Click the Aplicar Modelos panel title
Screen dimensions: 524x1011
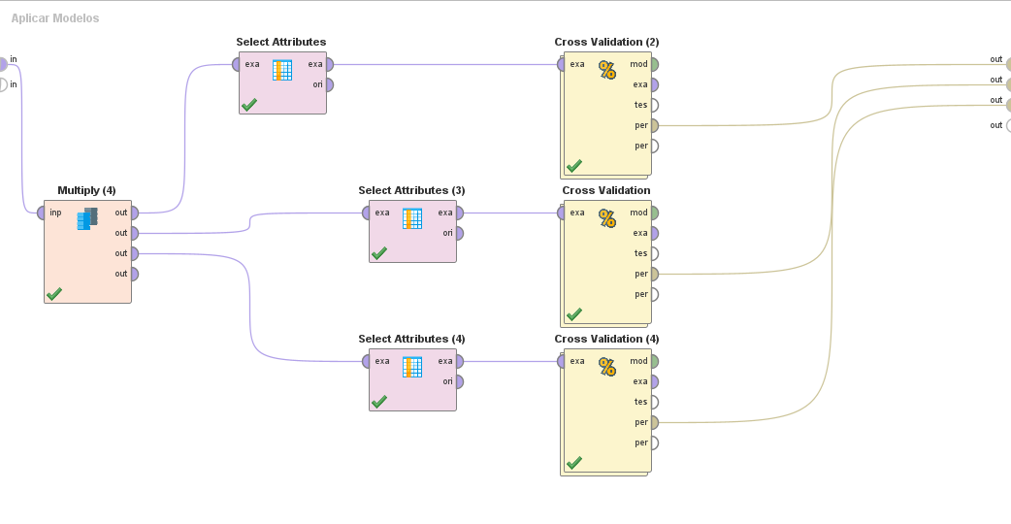(x=55, y=18)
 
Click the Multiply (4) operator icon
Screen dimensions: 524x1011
(x=87, y=218)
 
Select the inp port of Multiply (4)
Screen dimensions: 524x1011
(x=42, y=213)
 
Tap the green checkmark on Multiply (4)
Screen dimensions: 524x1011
(x=54, y=293)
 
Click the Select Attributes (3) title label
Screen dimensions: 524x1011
(x=411, y=190)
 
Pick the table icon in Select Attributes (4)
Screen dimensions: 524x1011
(x=412, y=367)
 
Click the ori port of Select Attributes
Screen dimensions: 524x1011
(x=329, y=84)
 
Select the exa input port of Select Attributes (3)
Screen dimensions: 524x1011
(x=367, y=213)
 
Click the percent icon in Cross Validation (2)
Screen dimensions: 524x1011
(x=607, y=70)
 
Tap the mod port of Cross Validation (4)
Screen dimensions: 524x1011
(x=654, y=361)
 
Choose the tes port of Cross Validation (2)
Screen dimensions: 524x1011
(x=654, y=105)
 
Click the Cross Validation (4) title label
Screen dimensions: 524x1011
(x=606, y=339)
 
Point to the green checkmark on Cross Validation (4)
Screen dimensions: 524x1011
(x=574, y=463)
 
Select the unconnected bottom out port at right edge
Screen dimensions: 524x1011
(x=1008, y=125)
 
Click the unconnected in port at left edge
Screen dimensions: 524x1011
(x=2, y=84)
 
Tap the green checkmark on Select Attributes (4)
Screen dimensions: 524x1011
(x=379, y=401)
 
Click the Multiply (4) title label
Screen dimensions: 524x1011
(x=86, y=190)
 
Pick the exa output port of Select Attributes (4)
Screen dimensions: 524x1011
(x=459, y=361)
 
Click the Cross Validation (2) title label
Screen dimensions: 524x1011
(x=606, y=42)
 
